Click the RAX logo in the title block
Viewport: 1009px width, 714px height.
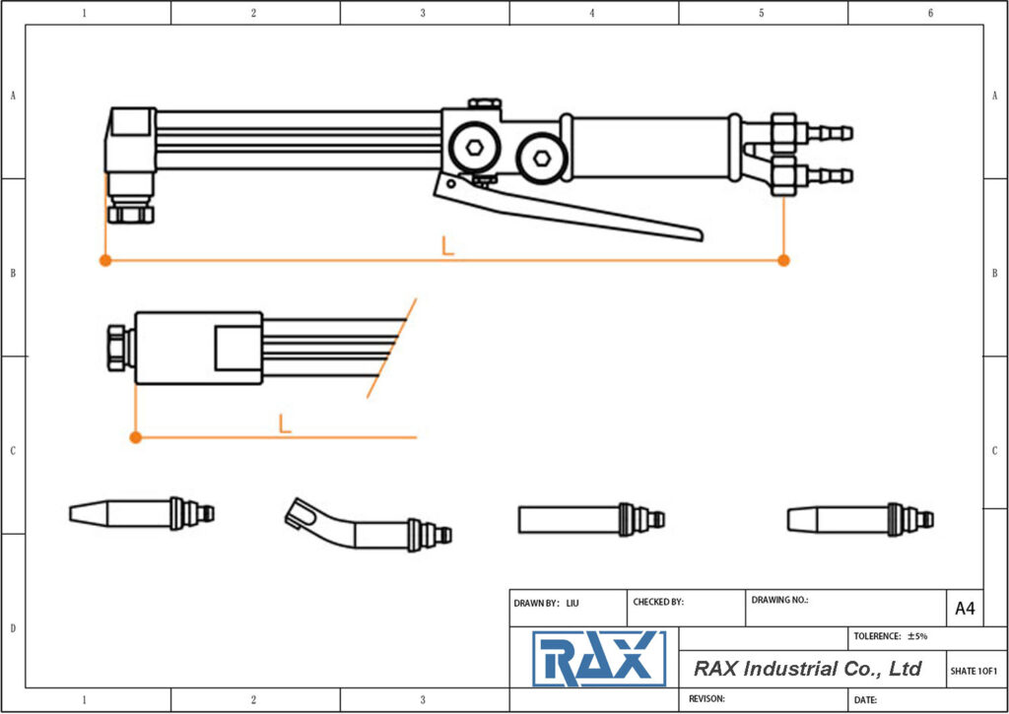pyautogui.click(x=599, y=659)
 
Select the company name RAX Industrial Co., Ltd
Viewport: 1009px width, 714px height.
pyautogui.click(x=807, y=669)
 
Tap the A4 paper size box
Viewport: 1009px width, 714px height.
pyautogui.click(x=965, y=609)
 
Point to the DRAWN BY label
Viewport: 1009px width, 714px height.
pyautogui.click(x=536, y=602)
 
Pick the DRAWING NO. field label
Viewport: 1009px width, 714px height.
pyautogui.click(x=779, y=599)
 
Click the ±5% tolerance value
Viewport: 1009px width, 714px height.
pyautogui.click(x=917, y=636)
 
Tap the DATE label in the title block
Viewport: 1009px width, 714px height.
pyautogui.click(x=865, y=699)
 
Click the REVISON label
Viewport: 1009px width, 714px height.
pyautogui.click(x=706, y=698)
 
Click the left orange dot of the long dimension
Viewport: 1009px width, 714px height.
pyautogui.click(x=104, y=260)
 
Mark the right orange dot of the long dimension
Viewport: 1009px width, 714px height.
pyautogui.click(x=783, y=260)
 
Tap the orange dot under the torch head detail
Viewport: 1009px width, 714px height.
pyautogui.click(x=136, y=436)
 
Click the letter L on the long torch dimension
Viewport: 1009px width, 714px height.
pyautogui.click(x=447, y=246)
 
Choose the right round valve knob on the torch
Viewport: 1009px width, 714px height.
pyautogui.click(x=539, y=157)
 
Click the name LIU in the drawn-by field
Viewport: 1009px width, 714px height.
pyautogui.click(x=573, y=602)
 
